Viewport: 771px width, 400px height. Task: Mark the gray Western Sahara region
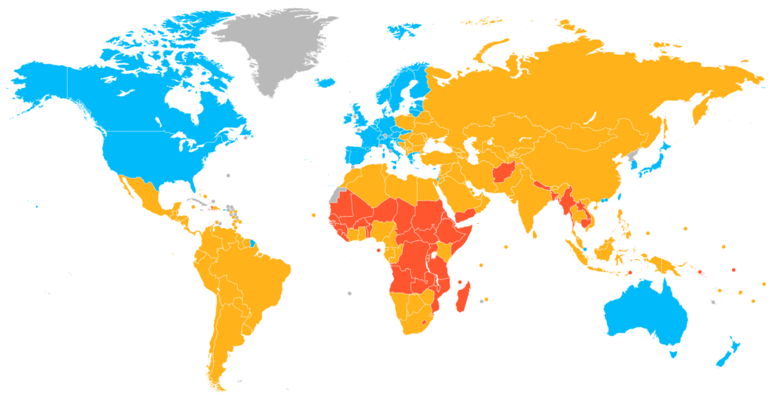click(334, 193)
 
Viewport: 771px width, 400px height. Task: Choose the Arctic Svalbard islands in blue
click(407, 30)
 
